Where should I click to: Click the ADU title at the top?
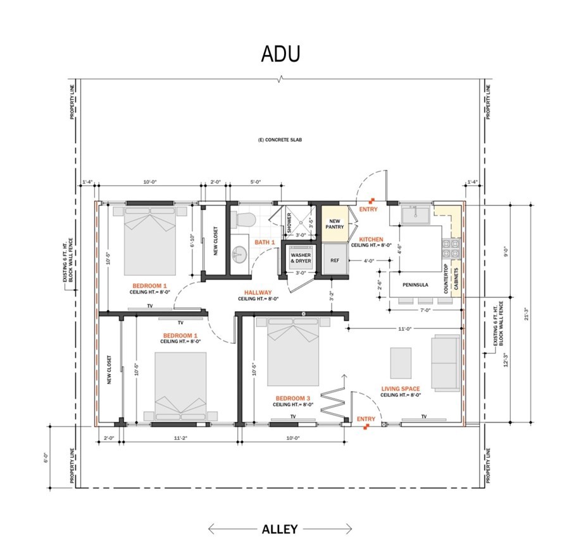[280, 54]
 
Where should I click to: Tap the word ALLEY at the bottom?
[280, 529]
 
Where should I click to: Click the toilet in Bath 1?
[244, 219]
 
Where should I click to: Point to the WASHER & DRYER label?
[300, 258]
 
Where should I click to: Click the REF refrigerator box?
[335, 261]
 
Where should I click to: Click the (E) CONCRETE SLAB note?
[279, 139]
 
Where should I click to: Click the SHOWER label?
[289, 221]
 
